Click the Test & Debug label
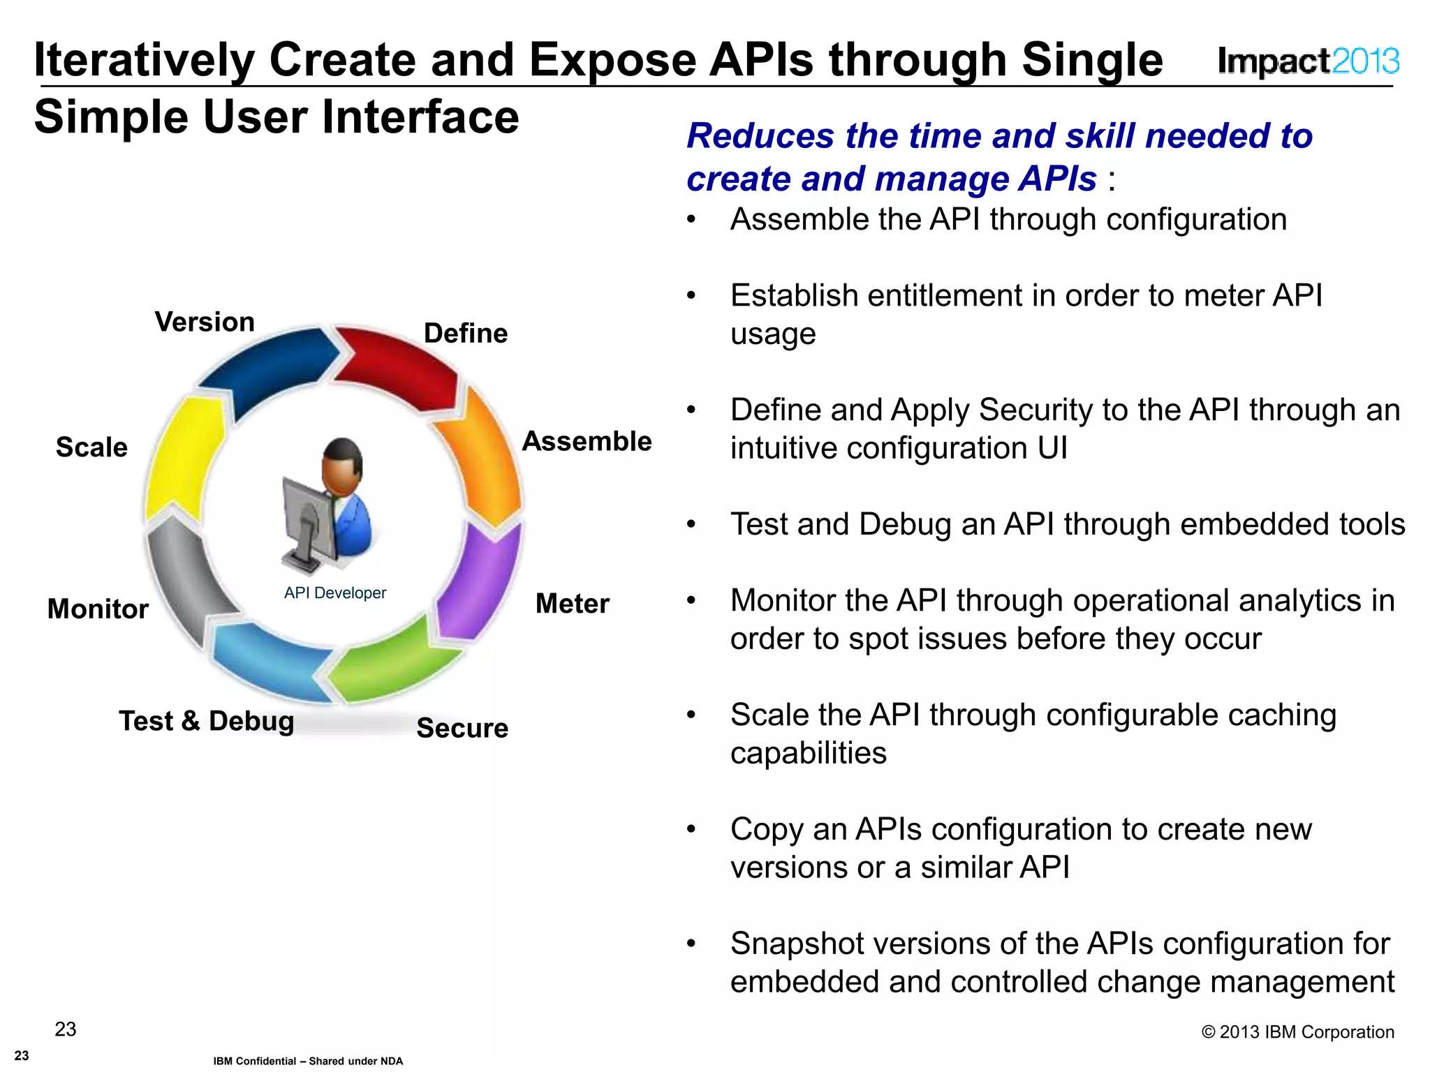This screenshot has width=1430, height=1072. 206,721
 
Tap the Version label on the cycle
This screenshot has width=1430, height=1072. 205,322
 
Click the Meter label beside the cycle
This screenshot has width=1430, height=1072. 572,604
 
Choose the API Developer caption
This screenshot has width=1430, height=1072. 334,593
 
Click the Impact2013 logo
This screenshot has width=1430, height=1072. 1308,61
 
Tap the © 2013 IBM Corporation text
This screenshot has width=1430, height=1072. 1297,1032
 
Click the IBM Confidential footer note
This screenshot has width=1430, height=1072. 308,1061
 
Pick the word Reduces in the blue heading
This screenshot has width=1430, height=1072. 760,135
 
